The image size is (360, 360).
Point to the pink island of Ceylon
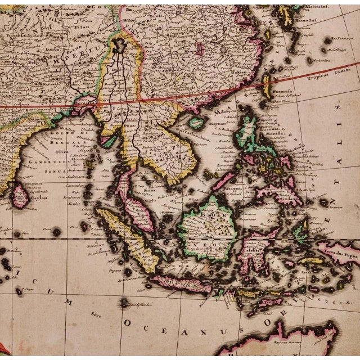[x=20, y=195]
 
